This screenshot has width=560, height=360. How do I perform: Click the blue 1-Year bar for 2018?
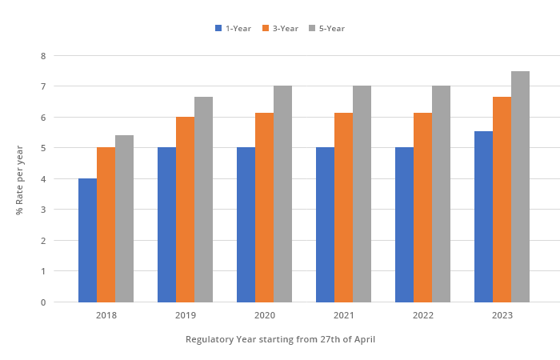pos(87,240)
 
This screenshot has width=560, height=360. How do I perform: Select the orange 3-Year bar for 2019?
pos(185,210)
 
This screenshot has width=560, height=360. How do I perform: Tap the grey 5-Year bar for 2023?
pos(520,186)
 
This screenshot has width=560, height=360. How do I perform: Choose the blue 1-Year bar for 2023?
pos(483,217)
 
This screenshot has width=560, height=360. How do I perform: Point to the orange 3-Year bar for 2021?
pos(343,207)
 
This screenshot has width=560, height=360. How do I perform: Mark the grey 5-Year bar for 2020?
pos(282,194)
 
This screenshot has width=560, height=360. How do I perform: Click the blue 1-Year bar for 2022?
pos(404,225)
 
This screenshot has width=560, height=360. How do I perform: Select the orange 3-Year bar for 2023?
pos(502,199)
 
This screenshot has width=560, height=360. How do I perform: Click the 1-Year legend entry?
pos(233,28)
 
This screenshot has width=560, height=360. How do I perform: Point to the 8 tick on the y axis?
pos(43,56)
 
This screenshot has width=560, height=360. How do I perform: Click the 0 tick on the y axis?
pos(43,302)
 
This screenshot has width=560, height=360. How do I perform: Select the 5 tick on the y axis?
pos(43,148)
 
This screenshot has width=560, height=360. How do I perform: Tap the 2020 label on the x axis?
pos(265,315)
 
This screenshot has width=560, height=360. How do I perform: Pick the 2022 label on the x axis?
pos(423,315)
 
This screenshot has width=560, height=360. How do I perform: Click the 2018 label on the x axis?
pos(106,315)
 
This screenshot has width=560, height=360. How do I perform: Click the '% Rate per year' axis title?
pos(19,179)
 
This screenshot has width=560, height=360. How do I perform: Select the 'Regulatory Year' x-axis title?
pos(280,339)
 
